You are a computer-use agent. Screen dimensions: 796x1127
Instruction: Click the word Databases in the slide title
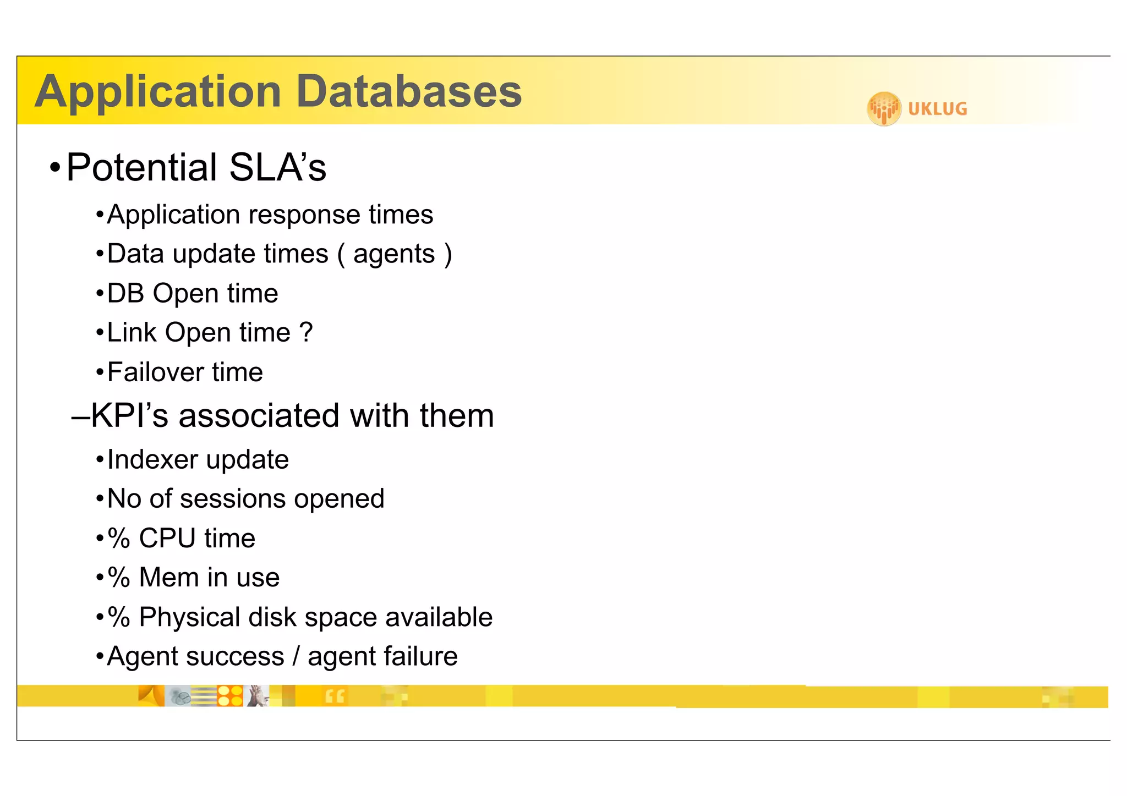coord(409,91)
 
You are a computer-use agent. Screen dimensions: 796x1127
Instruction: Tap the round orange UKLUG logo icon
coord(884,108)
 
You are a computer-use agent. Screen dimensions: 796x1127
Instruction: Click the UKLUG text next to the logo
coord(937,109)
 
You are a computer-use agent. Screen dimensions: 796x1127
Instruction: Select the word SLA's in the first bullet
coord(277,167)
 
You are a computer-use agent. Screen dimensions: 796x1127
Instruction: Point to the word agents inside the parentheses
coord(394,255)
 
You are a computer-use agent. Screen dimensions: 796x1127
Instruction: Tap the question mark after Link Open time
coord(306,332)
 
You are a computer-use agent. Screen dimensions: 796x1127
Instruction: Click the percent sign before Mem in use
coord(119,578)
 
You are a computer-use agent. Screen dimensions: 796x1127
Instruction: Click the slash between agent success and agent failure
coord(296,656)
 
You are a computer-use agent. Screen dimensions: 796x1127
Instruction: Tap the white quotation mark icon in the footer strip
coord(335,696)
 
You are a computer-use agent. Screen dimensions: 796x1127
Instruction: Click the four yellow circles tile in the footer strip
coord(230,696)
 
